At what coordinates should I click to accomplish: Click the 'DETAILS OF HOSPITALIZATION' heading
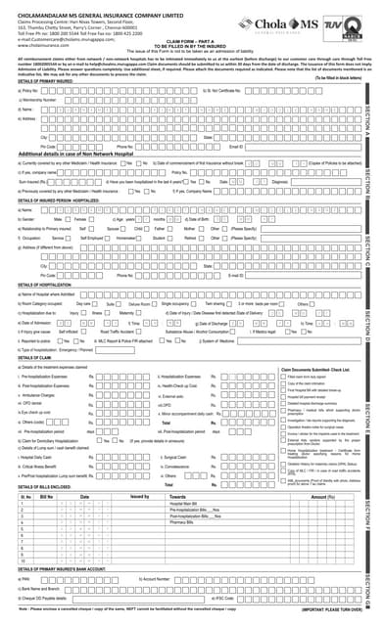coord(45,286)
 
